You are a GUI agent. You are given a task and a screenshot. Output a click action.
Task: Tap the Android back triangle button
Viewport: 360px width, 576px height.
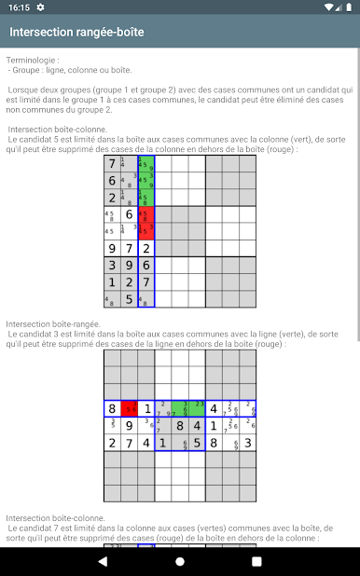(103, 561)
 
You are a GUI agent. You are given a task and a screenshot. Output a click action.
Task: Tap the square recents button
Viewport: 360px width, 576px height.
(256, 561)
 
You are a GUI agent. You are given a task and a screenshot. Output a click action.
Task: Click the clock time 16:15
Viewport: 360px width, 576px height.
(18, 7)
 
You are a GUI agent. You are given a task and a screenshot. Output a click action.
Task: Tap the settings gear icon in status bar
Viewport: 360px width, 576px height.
(41, 7)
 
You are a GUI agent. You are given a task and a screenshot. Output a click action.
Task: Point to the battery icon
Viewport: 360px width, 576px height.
(348, 7)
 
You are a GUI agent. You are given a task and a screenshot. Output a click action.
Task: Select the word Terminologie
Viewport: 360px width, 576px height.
(31, 59)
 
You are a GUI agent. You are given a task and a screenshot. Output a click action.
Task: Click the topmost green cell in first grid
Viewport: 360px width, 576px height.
(146, 165)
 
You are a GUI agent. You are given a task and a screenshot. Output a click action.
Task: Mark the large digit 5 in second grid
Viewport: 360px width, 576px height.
(197, 443)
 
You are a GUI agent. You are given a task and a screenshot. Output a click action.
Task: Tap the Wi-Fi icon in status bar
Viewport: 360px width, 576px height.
(329, 7)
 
